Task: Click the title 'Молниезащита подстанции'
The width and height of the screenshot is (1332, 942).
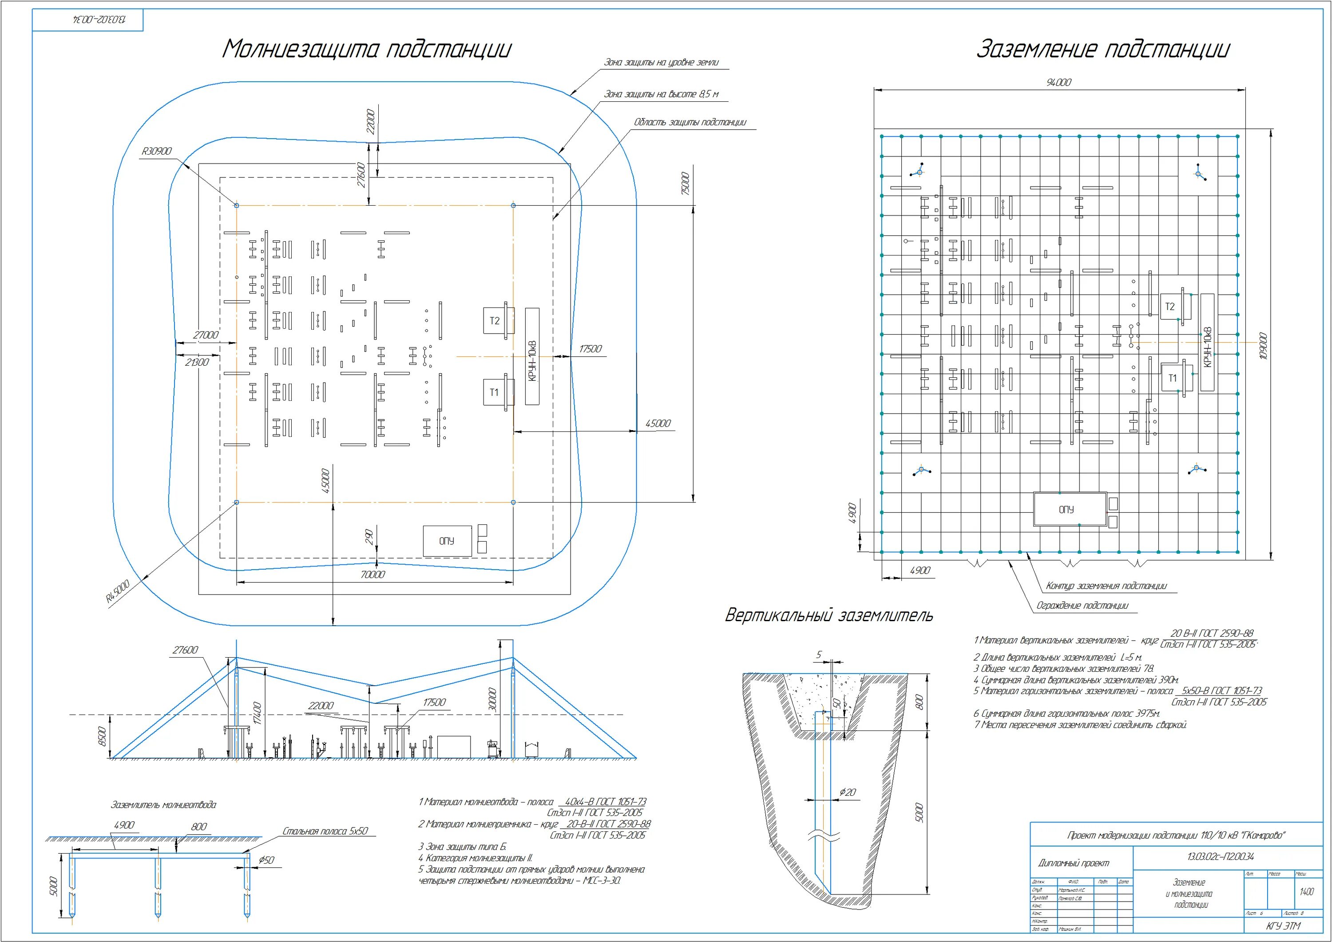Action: [x=367, y=49]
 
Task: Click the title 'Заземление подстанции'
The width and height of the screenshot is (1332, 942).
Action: [x=1102, y=49]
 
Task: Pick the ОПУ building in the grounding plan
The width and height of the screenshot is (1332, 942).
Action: [x=1066, y=509]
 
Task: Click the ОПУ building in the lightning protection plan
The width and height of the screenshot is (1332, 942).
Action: [x=446, y=540]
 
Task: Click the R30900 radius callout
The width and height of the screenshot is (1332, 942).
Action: [x=157, y=151]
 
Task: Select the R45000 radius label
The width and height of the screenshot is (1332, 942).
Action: [x=117, y=590]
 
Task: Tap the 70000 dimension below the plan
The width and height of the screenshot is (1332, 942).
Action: [x=373, y=574]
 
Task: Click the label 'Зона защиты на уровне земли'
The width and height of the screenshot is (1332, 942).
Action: [x=662, y=63]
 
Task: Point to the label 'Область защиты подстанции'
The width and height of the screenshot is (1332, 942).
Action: [x=690, y=123]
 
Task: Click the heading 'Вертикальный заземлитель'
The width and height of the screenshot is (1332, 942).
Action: [x=829, y=615]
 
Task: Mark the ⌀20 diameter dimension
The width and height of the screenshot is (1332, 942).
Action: [x=848, y=792]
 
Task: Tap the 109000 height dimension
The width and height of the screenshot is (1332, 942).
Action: [x=1264, y=346]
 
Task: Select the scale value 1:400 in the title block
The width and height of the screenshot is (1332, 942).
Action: [x=1307, y=891]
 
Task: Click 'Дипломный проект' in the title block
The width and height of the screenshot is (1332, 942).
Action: [x=1073, y=863]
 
